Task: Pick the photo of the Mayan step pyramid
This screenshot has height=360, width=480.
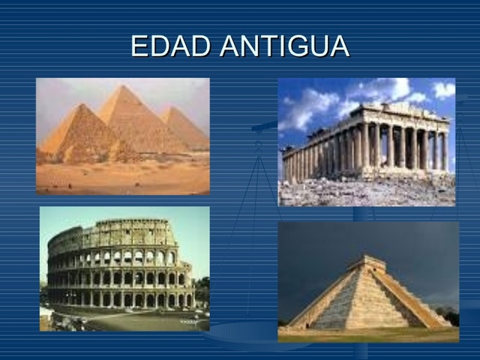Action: (x=368, y=281)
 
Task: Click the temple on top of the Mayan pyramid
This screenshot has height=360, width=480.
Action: (x=366, y=264)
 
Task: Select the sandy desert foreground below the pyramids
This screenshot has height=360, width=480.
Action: (x=120, y=178)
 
